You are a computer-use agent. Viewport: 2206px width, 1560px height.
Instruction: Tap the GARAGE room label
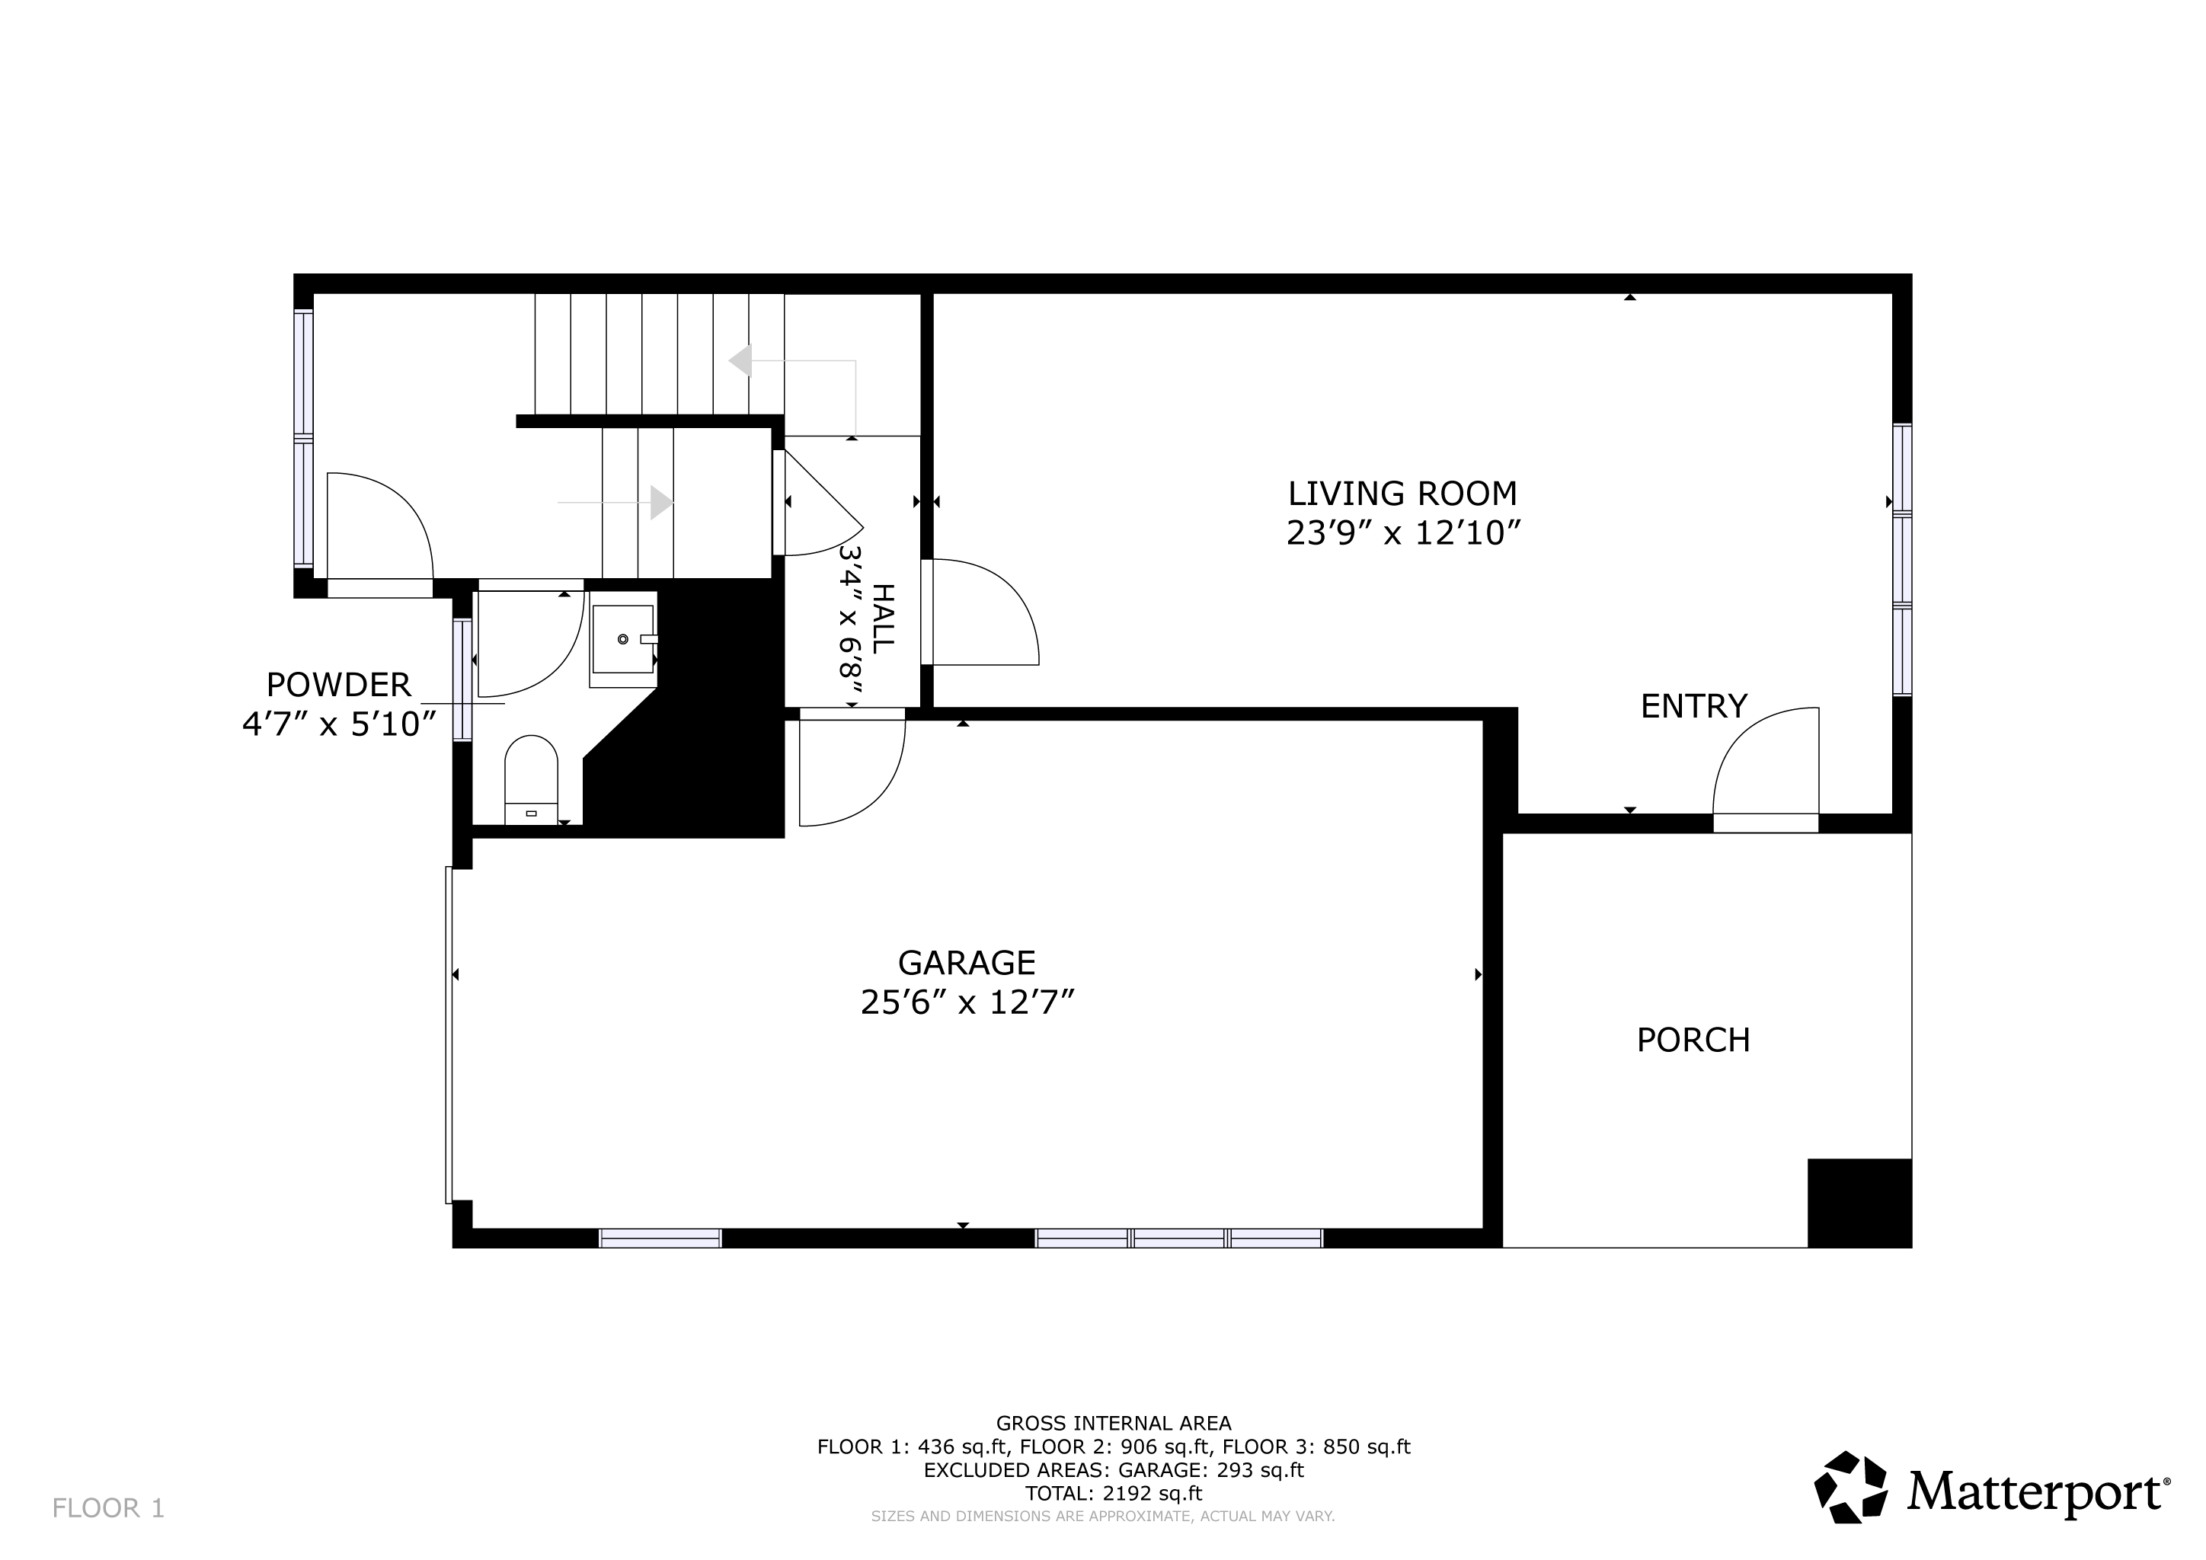click(967, 963)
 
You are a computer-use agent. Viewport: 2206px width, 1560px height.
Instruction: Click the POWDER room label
click(338, 685)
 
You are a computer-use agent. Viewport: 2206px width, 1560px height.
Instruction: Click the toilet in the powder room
click(532, 780)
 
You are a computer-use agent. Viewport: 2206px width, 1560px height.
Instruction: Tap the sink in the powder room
click(624, 639)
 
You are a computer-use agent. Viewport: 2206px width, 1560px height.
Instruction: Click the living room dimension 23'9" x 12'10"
click(1404, 533)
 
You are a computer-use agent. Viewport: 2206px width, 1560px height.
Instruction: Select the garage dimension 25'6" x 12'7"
click(967, 1003)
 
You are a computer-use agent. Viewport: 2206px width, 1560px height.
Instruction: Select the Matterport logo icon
click(1850, 1487)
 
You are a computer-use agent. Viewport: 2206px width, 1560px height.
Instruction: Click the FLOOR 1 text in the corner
click(109, 1509)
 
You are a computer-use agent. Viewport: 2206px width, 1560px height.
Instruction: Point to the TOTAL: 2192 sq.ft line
click(1114, 1494)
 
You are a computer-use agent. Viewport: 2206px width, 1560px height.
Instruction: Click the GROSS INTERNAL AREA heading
click(1114, 1424)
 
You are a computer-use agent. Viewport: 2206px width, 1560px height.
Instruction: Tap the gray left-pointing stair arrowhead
click(740, 361)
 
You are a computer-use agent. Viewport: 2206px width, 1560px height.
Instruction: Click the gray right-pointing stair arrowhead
click(662, 503)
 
